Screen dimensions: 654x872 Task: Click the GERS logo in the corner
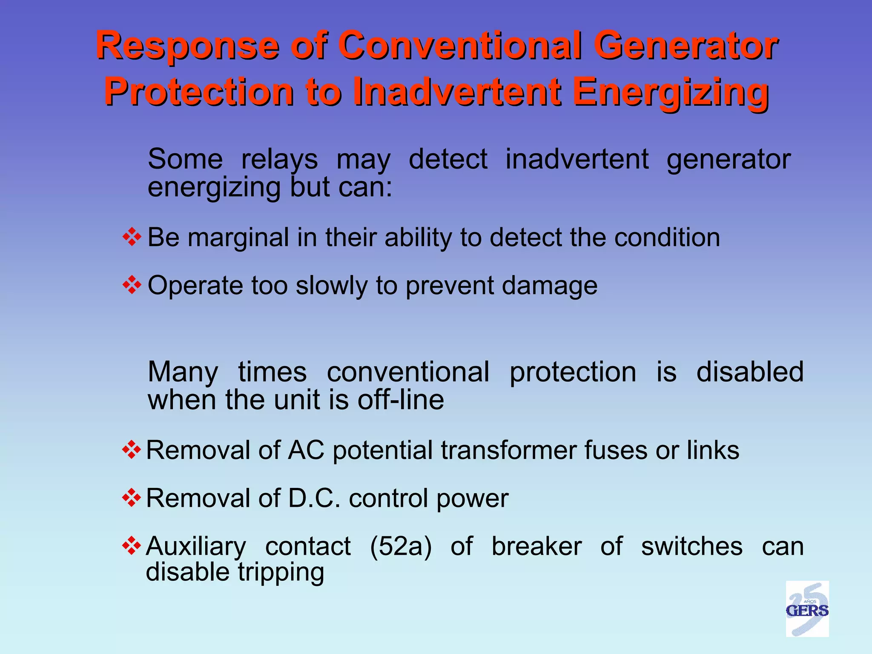[x=807, y=609]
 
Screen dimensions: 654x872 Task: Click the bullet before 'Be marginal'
[x=132, y=237]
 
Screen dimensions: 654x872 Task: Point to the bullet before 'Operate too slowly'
[x=132, y=285]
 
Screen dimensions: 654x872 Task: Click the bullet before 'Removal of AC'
[x=131, y=450]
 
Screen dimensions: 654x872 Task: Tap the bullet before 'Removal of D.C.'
[x=131, y=498]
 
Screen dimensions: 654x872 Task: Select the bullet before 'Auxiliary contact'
[x=131, y=546]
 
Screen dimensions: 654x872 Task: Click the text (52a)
[x=401, y=546]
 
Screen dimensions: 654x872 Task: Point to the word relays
[x=279, y=160]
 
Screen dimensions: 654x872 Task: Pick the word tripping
[x=281, y=573]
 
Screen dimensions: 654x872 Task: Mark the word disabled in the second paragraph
[x=750, y=372]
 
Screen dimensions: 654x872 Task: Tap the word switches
[x=692, y=546]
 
